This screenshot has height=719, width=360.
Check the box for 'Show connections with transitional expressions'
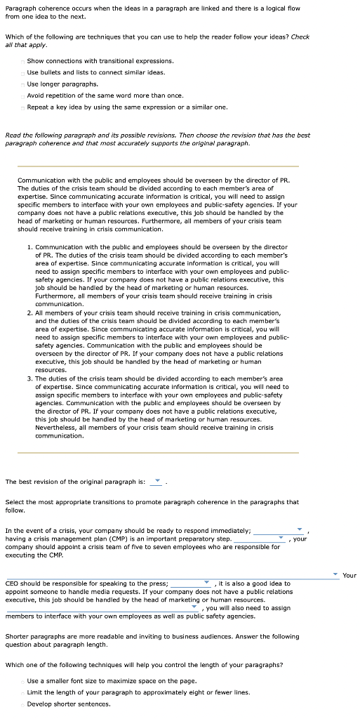point(23,61)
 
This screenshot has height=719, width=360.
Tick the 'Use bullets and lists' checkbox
point(23,72)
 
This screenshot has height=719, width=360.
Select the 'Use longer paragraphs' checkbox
point(23,84)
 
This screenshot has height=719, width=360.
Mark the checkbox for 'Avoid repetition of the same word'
point(23,95)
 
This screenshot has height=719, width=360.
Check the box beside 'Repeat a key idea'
point(23,107)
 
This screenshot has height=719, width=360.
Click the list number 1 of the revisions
point(29,247)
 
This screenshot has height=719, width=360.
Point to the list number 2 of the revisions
point(29,312)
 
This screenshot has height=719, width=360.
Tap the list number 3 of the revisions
point(29,378)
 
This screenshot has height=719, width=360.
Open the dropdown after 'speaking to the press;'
point(190,583)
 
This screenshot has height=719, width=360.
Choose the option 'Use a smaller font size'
point(22,680)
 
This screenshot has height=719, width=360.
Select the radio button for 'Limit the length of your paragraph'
point(22,692)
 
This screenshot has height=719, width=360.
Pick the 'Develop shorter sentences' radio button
point(22,703)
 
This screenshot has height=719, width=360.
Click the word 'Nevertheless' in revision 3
point(54,428)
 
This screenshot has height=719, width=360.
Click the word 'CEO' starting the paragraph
point(12,583)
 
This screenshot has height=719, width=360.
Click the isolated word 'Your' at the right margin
point(349,576)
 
